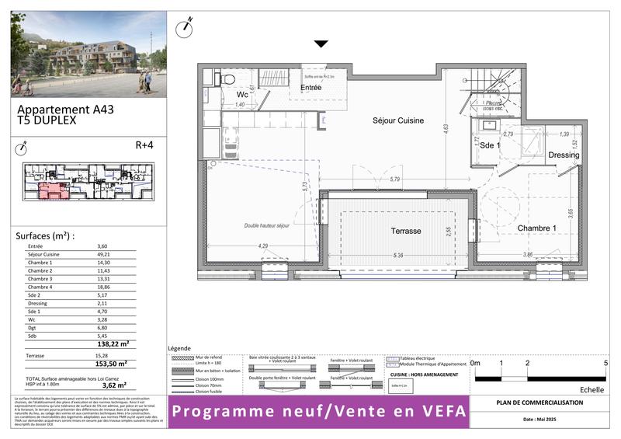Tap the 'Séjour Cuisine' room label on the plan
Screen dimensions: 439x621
click(x=400, y=121)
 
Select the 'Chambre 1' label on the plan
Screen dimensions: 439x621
click(x=517, y=228)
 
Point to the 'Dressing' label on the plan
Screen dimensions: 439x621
click(x=563, y=155)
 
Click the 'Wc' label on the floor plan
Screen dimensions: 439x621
click(x=242, y=94)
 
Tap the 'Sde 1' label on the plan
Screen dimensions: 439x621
click(x=491, y=145)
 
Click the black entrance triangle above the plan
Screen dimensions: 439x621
click(x=321, y=44)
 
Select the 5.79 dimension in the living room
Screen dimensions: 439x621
click(x=395, y=180)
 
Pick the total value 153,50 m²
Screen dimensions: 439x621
click(x=111, y=363)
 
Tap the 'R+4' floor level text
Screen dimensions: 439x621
click(x=145, y=145)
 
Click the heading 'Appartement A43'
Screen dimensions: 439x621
click(x=65, y=110)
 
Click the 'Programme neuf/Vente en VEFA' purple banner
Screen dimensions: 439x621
click(x=319, y=411)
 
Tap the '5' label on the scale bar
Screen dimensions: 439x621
click(x=605, y=363)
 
